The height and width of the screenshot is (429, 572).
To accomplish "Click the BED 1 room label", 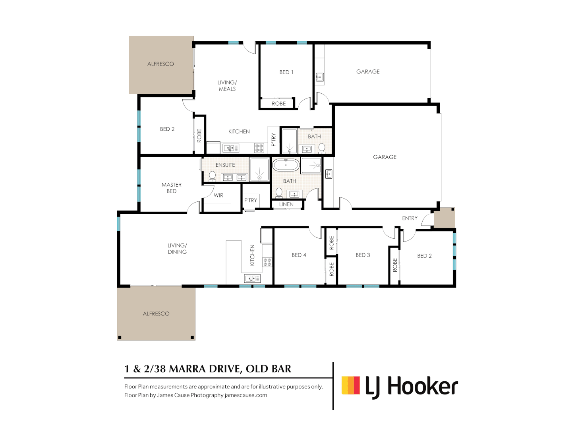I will (286, 72).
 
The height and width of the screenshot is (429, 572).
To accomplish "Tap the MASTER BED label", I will (172, 188).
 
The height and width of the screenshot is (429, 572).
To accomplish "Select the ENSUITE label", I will (225, 165).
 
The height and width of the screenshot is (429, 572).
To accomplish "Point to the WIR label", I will (218, 195).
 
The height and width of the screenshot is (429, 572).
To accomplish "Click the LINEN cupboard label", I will (286, 205).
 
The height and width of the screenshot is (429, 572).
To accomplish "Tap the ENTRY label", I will (410, 218).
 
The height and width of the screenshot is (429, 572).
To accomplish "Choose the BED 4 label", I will (299, 255).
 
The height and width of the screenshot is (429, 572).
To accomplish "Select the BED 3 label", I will (363, 255).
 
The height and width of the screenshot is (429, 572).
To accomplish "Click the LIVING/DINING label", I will (177, 249).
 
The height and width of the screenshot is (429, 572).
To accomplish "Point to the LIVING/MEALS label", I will (227, 86).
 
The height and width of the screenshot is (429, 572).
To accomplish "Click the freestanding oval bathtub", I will (286, 165).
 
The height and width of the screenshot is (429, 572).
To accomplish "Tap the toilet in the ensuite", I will (213, 176).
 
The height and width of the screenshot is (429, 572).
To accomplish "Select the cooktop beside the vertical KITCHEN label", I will (267, 262).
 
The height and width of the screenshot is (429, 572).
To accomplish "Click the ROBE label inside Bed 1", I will (278, 104).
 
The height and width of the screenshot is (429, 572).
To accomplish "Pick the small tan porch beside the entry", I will (444, 218).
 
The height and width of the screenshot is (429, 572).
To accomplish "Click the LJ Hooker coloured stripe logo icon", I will (351, 385).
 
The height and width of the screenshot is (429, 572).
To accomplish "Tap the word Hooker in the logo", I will (423, 386).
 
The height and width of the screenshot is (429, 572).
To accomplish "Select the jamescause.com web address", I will (245, 395).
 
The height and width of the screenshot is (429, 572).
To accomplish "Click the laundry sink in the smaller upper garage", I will (320, 77).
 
